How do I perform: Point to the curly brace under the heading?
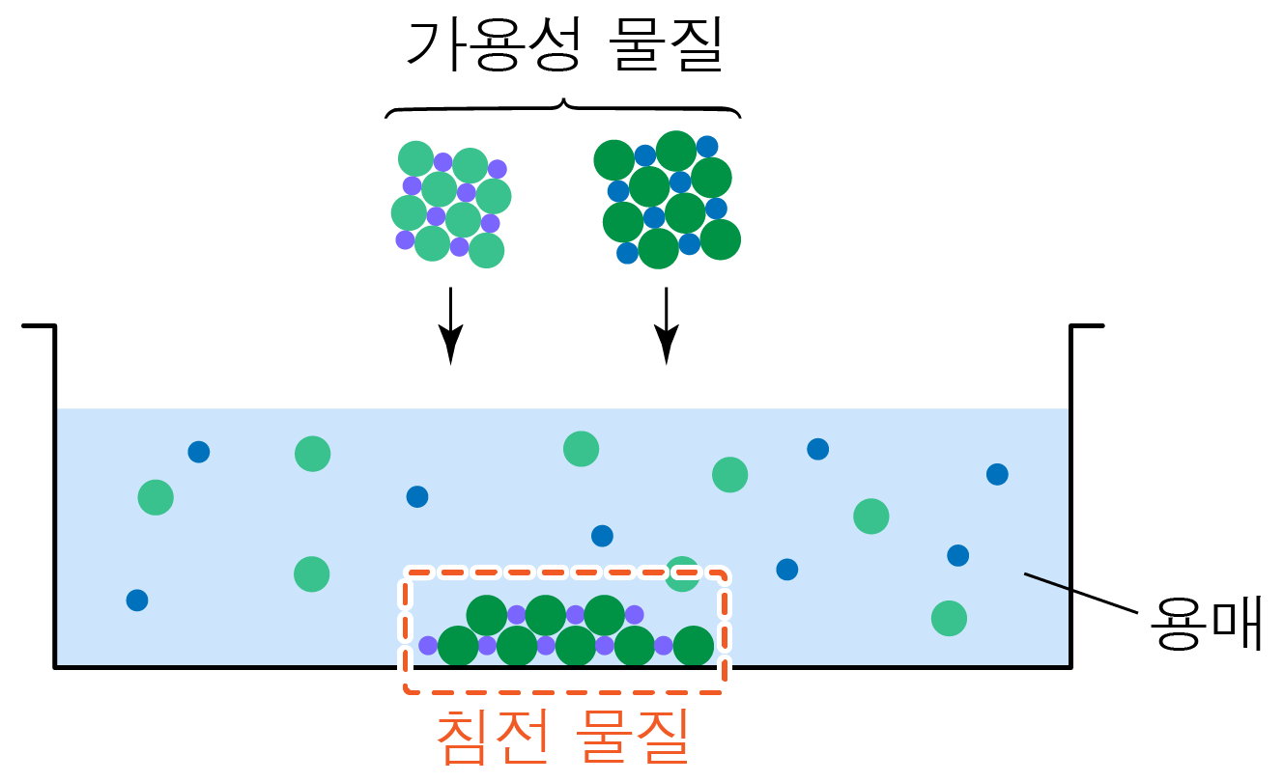563,106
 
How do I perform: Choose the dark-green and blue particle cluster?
667,200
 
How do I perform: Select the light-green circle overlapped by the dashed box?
682,573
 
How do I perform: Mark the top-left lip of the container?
39,327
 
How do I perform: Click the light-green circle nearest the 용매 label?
949,617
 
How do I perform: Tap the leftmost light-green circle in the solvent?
156,497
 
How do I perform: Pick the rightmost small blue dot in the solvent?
997,474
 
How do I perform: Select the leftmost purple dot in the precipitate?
428,645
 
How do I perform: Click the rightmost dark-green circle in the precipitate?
694,646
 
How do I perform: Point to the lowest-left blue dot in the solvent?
137,600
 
